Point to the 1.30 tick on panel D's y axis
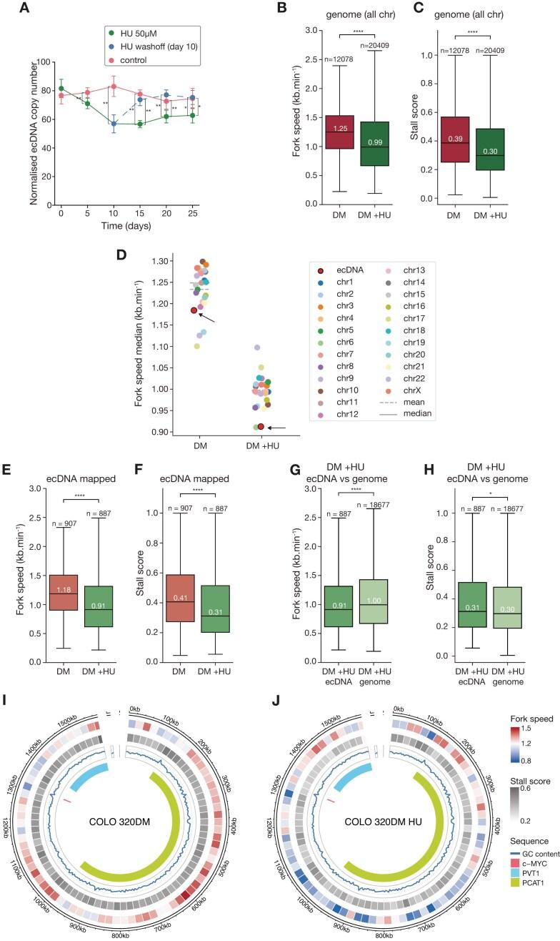pos(170,262)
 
